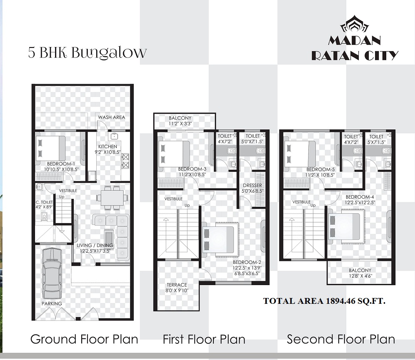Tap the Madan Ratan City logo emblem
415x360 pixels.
355,24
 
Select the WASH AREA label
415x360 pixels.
111,117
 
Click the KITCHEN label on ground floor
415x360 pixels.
107,146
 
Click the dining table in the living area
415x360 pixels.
112,197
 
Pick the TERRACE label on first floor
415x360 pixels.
177,285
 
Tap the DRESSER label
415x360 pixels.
252,186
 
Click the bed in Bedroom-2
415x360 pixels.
220,239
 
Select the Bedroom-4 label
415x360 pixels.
360,197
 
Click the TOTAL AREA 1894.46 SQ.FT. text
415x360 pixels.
324,301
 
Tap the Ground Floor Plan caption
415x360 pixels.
84,339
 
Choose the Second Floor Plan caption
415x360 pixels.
341,339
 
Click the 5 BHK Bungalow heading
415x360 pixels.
87,52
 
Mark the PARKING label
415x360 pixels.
52,304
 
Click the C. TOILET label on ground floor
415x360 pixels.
44,202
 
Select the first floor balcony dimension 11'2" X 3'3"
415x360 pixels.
180,124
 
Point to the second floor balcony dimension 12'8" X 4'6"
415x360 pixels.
360,276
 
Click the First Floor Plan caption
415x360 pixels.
204,339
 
